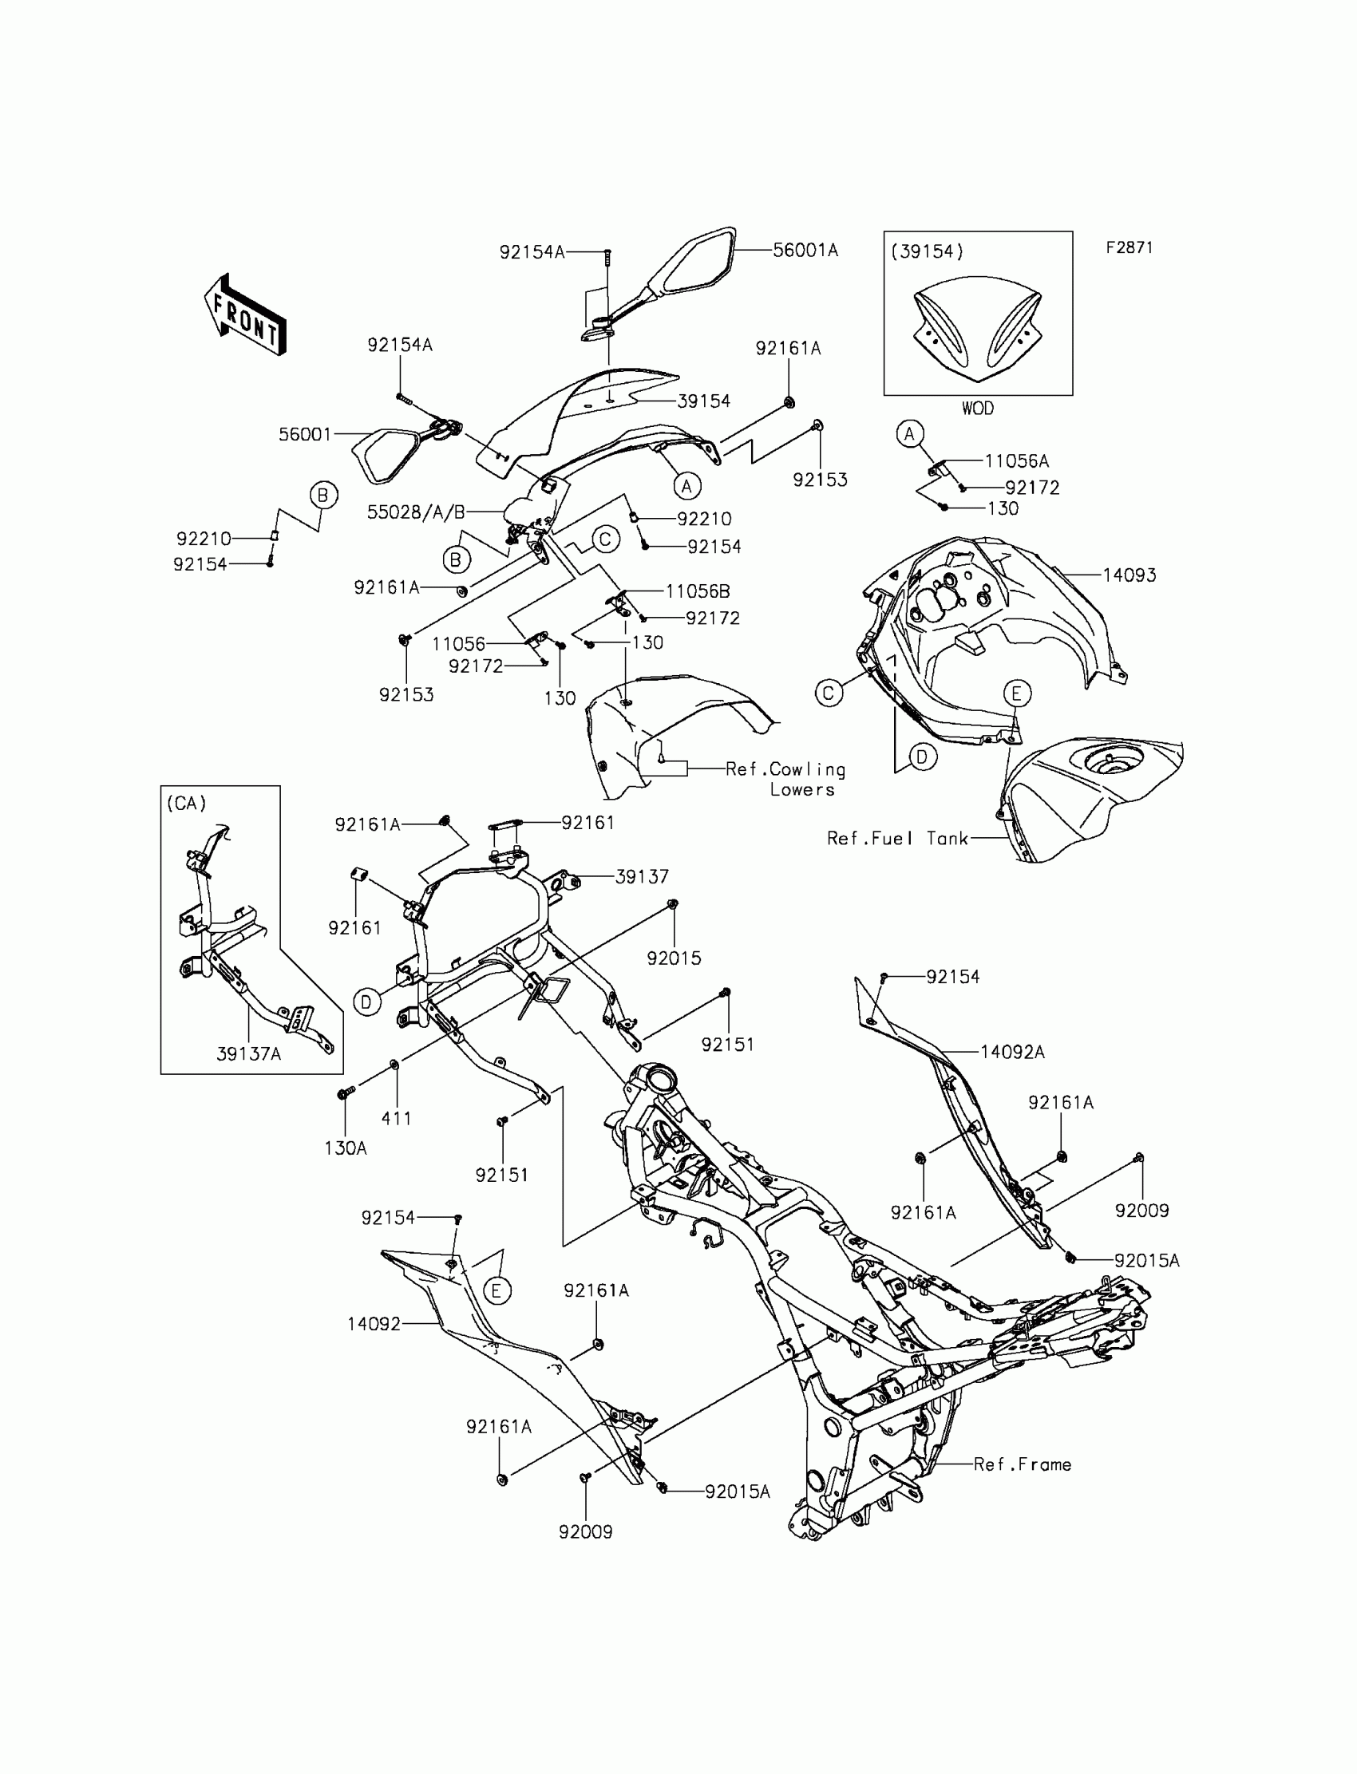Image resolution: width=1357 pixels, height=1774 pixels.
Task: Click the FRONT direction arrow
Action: tap(245, 316)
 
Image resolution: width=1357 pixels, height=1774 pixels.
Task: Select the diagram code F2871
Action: tap(1130, 248)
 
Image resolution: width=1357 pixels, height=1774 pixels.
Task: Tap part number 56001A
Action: tap(805, 251)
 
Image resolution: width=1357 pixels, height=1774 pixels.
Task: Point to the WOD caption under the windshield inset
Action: tap(977, 409)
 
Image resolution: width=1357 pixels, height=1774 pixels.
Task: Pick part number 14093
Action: tap(1130, 575)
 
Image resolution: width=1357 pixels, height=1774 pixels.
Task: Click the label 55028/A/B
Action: tap(416, 512)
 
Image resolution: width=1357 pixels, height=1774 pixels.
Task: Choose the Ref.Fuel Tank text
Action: tap(897, 838)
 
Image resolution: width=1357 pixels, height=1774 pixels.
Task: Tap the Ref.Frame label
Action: tap(1022, 1464)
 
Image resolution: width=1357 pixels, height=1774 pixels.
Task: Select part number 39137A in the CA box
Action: tap(249, 1053)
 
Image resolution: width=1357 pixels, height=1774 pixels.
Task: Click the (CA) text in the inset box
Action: tap(187, 804)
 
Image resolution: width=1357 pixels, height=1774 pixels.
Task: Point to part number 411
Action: tap(396, 1118)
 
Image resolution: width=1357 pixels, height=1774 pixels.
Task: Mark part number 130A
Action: tap(346, 1148)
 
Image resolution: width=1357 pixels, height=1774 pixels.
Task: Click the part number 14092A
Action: tap(1012, 1051)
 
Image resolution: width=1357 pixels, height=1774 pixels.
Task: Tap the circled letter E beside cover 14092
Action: tap(497, 1290)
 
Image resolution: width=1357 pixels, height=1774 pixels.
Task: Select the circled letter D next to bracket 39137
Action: tap(366, 1002)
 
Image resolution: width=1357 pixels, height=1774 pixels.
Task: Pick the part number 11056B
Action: tap(697, 591)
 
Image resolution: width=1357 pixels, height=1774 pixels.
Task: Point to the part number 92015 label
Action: tap(674, 958)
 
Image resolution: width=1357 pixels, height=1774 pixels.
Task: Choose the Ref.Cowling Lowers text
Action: tap(785, 779)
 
